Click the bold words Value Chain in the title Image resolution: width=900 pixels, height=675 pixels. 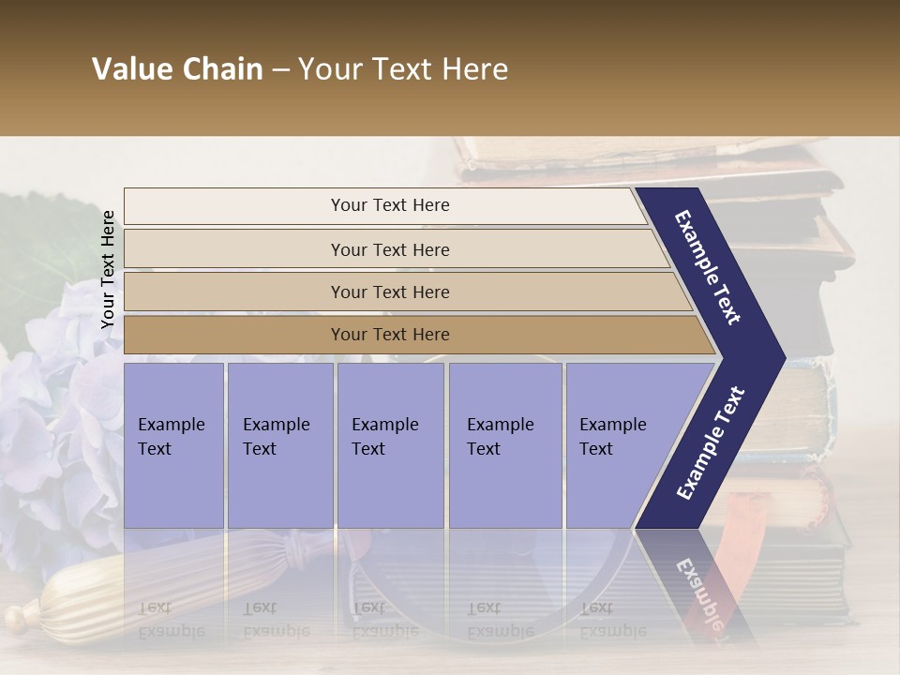177,69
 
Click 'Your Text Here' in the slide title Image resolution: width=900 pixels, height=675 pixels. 403,69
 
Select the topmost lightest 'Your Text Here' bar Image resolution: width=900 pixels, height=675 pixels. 389,205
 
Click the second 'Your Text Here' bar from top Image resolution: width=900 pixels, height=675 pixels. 389,249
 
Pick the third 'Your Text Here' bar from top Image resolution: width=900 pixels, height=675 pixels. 389,292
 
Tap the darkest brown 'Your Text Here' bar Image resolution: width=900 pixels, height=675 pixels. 389,335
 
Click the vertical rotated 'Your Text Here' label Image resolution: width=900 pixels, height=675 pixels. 108,269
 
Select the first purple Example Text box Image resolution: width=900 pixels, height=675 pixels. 173,445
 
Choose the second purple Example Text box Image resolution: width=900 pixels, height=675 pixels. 279,445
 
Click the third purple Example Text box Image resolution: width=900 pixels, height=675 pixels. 389,445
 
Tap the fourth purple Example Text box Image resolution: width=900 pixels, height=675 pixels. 504,445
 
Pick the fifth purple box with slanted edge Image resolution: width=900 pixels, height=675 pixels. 619,445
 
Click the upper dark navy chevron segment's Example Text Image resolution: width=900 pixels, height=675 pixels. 709,267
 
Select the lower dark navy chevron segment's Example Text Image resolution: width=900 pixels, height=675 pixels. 711,442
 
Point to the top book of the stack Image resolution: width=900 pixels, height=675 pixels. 637,155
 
